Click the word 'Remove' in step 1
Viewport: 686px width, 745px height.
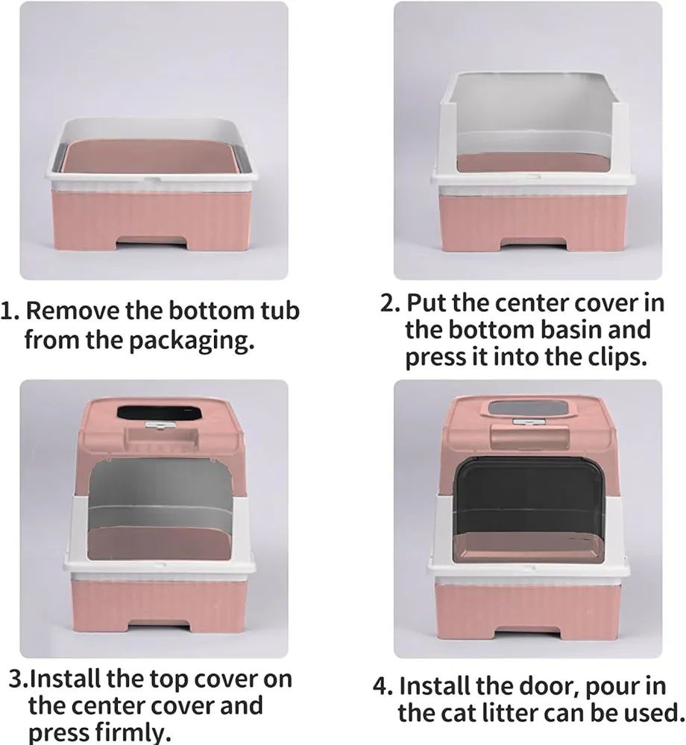pyautogui.click(x=72, y=310)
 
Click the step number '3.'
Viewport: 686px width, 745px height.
pyautogui.click(x=19, y=679)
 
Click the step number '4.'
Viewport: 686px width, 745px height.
pyautogui.click(x=383, y=687)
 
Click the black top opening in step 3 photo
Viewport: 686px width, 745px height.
pyautogui.click(x=157, y=413)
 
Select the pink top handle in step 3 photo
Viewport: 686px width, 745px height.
pyautogui.click(x=160, y=438)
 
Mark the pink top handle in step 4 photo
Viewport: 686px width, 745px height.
pyautogui.click(x=529, y=435)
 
